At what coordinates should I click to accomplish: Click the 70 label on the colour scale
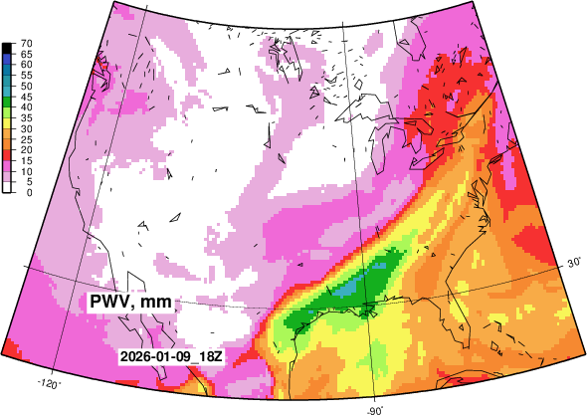coord(28,43)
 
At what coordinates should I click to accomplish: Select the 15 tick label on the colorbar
coord(28,160)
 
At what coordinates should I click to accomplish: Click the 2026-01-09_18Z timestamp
coord(168,356)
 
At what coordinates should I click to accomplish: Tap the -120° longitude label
coord(49,382)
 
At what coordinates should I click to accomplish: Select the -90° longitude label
coord(375,408)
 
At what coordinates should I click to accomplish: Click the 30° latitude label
coord(574,263)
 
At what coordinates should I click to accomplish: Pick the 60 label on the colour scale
coord(28,64)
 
